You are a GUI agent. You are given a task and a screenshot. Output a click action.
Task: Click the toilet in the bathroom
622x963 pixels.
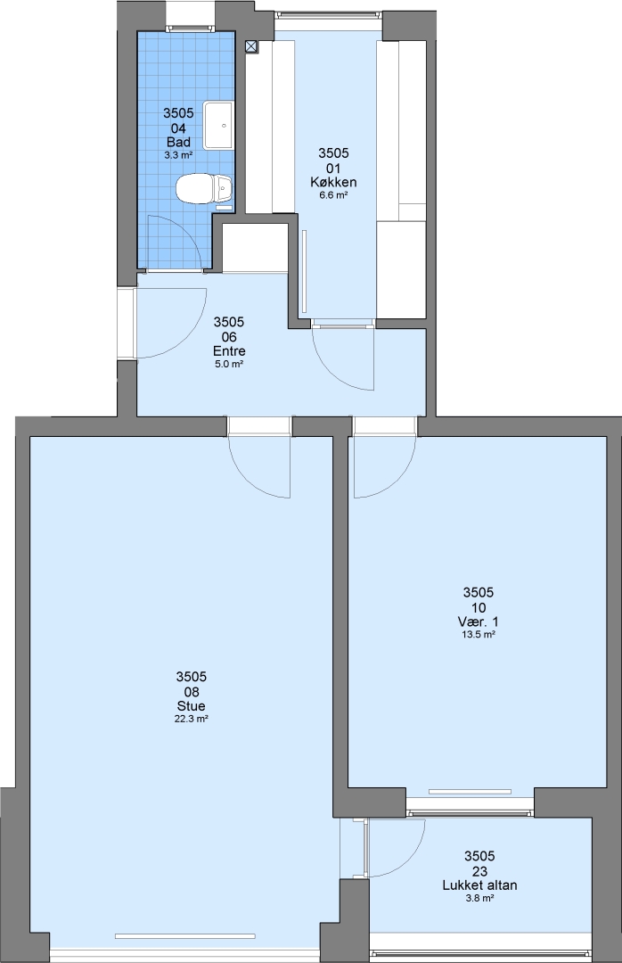204,188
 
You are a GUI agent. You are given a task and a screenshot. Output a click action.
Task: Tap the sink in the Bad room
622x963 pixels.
218,126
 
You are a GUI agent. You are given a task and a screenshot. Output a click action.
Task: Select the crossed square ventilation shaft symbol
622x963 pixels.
252,46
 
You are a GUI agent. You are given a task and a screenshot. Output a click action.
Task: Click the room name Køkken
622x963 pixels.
333,183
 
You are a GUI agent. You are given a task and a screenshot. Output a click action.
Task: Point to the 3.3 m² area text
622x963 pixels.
179,156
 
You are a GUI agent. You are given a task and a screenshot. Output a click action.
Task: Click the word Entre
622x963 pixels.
229,351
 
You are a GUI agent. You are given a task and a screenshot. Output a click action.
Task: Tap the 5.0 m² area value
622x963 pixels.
229,364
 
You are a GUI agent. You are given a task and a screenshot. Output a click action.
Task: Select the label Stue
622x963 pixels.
191,706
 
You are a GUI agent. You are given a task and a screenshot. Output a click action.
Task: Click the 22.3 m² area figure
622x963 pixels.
191,720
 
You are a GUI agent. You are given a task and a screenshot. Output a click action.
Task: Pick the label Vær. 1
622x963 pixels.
479,622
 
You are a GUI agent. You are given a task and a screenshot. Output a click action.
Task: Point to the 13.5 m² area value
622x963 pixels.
479,635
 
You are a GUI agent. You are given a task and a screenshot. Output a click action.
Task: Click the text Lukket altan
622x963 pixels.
479,885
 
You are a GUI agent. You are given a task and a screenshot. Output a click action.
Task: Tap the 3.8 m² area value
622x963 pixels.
479,898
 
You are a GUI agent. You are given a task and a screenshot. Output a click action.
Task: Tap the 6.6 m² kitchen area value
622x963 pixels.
333,195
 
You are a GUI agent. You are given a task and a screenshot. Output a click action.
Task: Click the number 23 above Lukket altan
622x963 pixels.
479,871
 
